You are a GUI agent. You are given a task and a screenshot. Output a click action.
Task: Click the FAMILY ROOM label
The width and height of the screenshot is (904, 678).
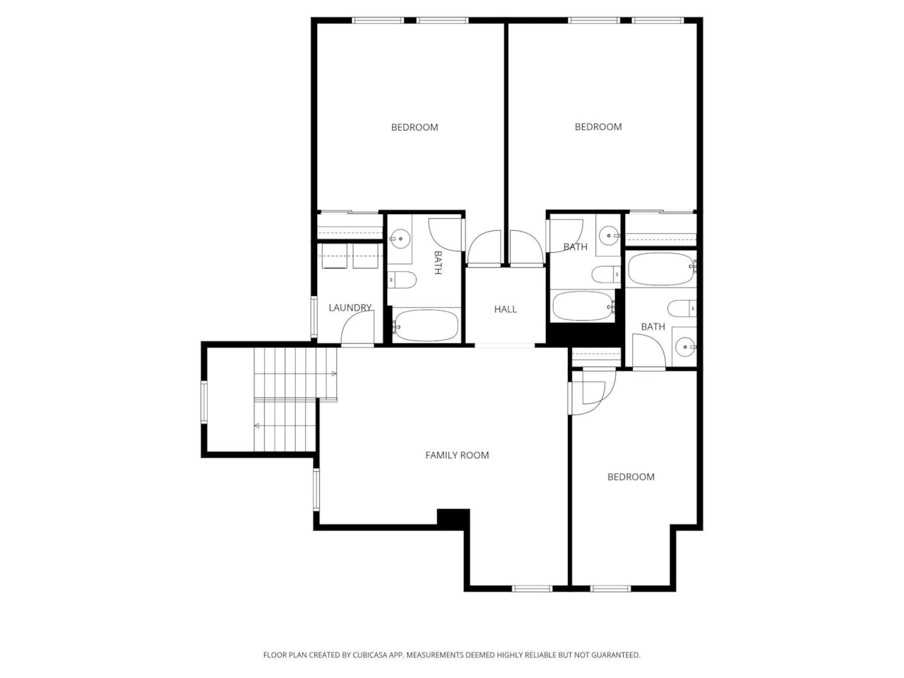[457, 456]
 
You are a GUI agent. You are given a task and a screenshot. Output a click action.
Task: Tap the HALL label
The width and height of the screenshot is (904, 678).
[505, 309]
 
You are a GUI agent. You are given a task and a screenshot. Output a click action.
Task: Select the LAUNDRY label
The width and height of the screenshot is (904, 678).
[350, 308]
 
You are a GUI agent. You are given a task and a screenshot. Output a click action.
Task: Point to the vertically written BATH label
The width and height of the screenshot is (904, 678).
[438, 262]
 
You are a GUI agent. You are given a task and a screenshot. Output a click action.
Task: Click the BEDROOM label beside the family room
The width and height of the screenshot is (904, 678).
[631, 477]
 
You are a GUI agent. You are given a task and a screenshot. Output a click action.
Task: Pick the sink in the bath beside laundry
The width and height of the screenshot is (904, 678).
[401, 238]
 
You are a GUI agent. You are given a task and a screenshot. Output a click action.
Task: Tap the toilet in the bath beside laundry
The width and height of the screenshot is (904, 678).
[403, 280]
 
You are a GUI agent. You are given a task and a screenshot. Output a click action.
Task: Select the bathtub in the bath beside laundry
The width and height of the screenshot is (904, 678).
[426, 326]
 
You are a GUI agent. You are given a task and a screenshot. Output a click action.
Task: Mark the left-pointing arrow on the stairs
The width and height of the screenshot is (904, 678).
[257, 426]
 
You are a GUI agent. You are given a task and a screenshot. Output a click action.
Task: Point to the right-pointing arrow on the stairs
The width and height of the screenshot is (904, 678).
[333, 374]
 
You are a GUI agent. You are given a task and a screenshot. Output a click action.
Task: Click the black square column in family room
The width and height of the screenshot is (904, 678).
[453, 518]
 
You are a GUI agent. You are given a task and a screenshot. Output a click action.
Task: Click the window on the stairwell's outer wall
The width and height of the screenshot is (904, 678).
[204, 402]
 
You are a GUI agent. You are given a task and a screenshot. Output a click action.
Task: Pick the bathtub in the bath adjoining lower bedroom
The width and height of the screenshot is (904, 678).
[661, 269]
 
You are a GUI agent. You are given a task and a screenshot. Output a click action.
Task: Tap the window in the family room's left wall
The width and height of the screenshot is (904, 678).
[316, 489]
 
